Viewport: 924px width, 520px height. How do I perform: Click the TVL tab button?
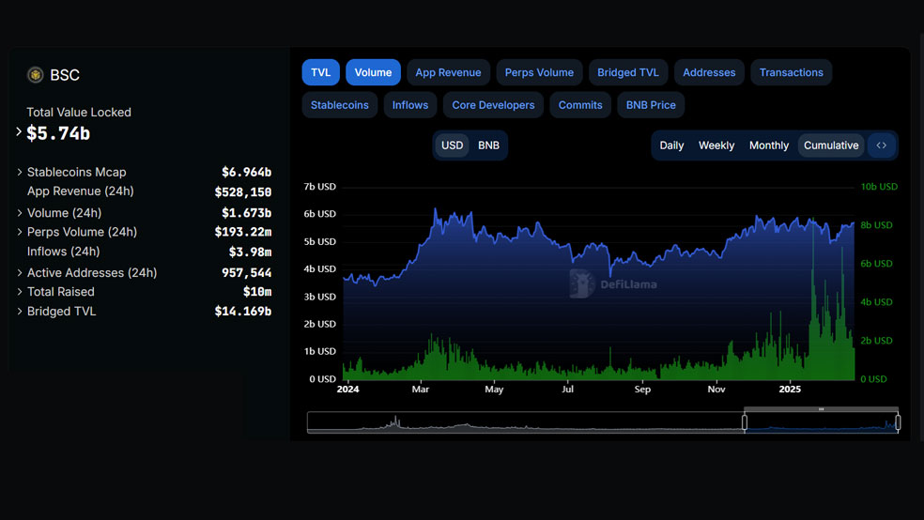click(x=320, y=72)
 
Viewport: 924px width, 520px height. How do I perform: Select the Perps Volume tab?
click(x=539, y=72)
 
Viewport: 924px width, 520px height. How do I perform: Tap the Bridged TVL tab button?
click(x=628, y=72)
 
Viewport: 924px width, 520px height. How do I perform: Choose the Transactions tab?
click(x=792, y=72)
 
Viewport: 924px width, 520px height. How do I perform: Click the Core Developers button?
click(x=493, y=105)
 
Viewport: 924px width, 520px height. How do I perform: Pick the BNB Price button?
click(x=651, y=105)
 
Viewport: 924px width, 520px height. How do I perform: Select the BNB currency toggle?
click(x=488, y=145)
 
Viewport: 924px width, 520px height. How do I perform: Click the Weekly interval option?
click(x=716, y=145)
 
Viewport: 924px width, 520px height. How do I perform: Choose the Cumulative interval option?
click(x=831, y=145)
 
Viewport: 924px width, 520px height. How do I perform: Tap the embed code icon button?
click(x=882, y=145)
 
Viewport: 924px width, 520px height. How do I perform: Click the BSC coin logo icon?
click(x=36, y=75)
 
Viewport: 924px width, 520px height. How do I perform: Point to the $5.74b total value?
click(x=58, y=133)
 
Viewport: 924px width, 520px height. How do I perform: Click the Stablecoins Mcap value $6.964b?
click(x=246, y=172)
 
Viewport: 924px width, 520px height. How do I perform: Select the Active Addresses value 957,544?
click(x=246, y=272)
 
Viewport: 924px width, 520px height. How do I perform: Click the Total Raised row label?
click(x=61, y=292)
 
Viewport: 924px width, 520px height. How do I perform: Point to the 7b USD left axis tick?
click(x=319, y=187)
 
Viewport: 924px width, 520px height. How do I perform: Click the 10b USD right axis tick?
click(x=879, y=187)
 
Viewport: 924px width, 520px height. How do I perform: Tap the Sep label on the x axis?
click(x=642, y=390)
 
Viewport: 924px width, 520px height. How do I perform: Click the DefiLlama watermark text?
click(x=629, y=284)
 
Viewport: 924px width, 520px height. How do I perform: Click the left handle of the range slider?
click(x=745, y=422)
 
